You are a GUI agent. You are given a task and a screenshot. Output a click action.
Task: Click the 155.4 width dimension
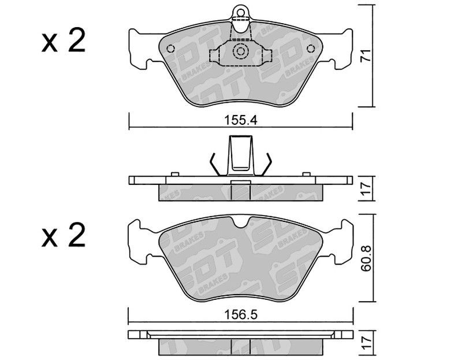tap(241, 120)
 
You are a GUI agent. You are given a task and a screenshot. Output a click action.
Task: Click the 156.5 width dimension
tap(241, 314)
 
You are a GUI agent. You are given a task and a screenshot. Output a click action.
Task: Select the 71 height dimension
tap(366, 55)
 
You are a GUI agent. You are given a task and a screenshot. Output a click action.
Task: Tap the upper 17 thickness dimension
tap(366, 189)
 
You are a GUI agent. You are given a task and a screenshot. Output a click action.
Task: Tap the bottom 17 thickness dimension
tap(366, 343)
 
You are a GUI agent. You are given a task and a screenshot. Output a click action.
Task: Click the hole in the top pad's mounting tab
tap(241, 13)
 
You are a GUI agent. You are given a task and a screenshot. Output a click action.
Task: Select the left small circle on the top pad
tap(170, 49)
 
